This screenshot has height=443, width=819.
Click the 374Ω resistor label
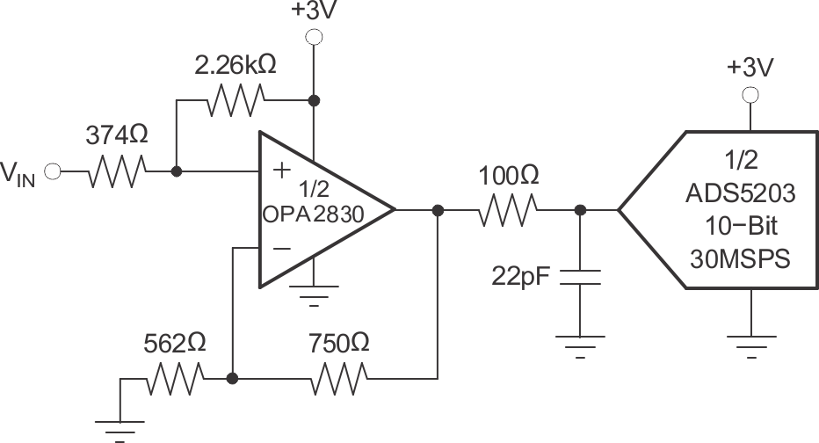115,136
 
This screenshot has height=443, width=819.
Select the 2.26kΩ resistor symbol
234,101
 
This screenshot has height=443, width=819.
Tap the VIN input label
19,174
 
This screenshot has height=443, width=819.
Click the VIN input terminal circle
52,172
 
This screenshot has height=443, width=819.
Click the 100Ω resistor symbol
507,210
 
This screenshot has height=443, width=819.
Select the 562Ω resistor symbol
176,380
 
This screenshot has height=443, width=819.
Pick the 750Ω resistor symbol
338,380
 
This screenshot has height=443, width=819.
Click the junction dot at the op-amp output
437,210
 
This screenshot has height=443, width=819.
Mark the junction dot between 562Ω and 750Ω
232,380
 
